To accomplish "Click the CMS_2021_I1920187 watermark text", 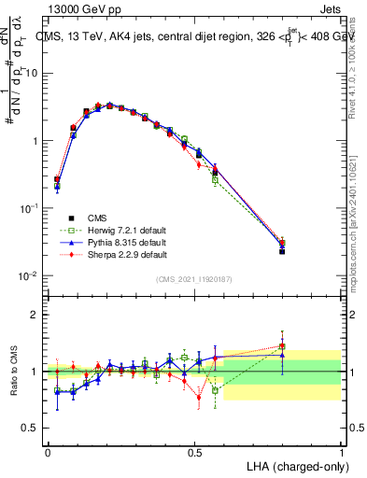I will click(x=194, y=279).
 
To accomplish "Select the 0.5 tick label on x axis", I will click(x=194, y=451).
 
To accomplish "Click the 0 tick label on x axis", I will click(x=48, y=451).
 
